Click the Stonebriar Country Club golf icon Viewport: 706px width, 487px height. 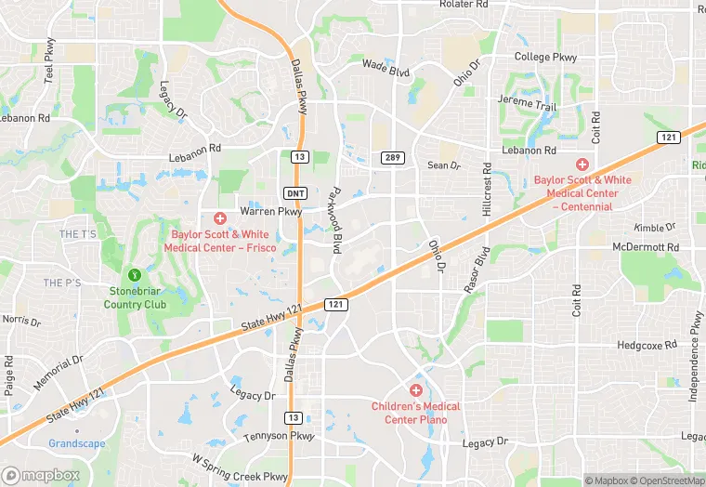tap(135, 274)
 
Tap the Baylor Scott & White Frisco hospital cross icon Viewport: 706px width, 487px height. tap(220, 218)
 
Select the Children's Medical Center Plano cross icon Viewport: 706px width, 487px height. tap(416, 389)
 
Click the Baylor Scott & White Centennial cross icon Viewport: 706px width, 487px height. tap(582, 164)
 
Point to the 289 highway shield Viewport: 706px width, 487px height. tap(391, 158)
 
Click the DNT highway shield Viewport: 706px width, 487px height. tap(294, 191)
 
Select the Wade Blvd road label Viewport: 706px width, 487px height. tap(386, 67)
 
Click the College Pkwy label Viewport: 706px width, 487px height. tap(545, 58)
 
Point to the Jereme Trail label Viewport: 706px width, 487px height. tap(527, 107)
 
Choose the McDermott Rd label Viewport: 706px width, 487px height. tap(647, 248)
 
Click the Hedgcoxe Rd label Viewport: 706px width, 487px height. tap(647, 345)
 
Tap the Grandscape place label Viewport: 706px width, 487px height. tap(77, 443)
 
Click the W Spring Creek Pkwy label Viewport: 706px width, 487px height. tap(239, 467)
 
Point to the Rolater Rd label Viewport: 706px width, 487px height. tap(464, 6)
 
